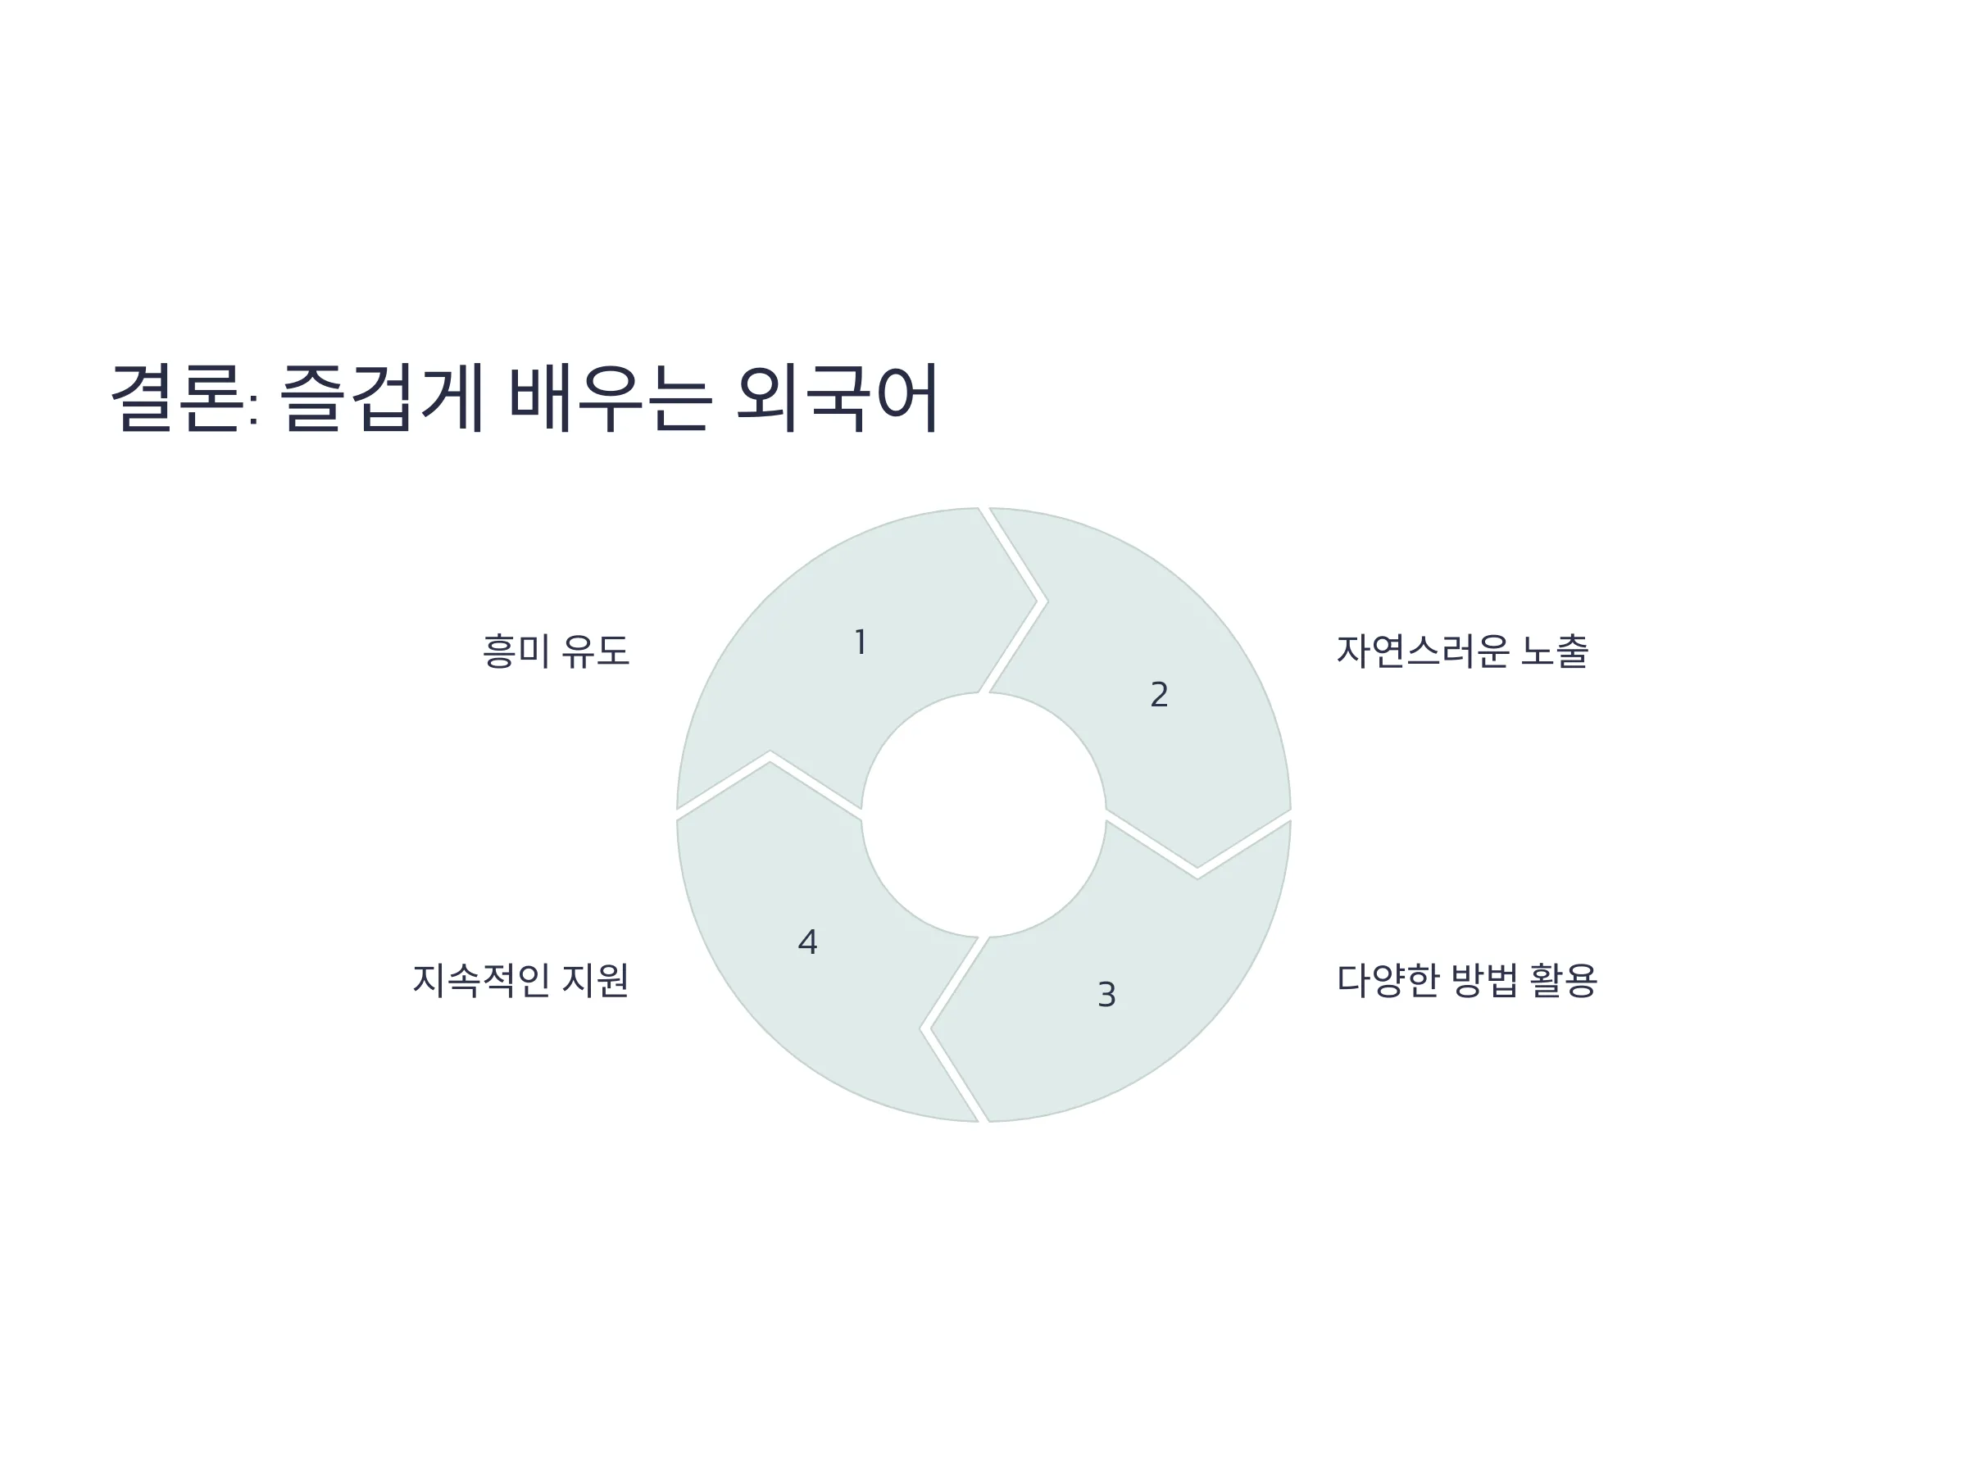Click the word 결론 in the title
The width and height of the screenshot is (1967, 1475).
(176, 397)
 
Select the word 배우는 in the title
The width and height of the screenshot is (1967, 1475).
(610, 397)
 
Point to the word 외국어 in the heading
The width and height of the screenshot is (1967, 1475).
(838, 397)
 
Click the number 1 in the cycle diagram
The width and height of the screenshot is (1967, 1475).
(860, 642)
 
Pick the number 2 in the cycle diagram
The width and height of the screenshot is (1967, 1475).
(1159, 694)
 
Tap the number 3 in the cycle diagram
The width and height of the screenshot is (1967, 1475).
(1106, 994)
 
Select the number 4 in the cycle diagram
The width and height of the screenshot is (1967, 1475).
(807, 942)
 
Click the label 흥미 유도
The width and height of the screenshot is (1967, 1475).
(556, 651)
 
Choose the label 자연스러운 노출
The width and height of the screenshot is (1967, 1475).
(1463, 651)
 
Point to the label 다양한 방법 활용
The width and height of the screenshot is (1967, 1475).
(1467, 981)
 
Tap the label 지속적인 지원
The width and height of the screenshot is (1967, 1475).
(521, 981)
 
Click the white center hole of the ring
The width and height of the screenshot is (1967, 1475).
(983, 815)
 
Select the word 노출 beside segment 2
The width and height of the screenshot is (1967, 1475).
(1555, 651)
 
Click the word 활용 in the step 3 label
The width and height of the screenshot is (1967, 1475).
(1563, 981)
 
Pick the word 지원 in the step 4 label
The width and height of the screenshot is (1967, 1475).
(596, 981)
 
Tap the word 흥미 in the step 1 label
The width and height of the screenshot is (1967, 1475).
(516, 651)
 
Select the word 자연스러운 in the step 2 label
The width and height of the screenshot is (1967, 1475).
(1423, 651)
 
